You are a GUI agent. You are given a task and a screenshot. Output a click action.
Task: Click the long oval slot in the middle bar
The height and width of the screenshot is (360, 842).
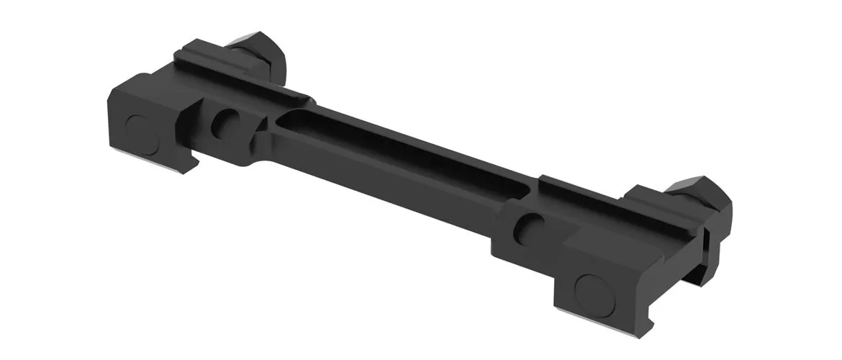click(403, 155)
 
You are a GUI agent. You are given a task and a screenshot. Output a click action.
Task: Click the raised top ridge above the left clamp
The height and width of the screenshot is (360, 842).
click(237, 72)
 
